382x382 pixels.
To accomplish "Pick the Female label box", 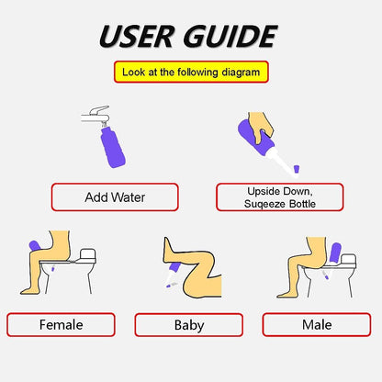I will tap(61, 324).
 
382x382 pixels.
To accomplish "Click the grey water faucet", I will tap(97, 117).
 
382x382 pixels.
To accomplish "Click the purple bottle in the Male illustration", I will tap(335, 252).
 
